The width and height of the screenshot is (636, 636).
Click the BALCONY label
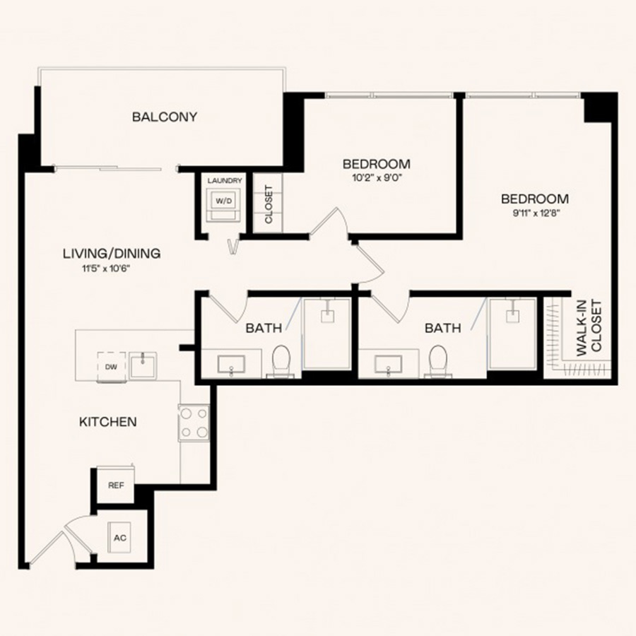(x=165, y=117)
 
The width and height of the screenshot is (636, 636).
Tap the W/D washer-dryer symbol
(x=224, y=205)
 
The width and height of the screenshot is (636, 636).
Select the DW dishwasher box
(x=112, y=367)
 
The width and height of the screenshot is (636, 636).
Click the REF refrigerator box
(x=116, y=485)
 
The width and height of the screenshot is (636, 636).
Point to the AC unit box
(x=119, y=538)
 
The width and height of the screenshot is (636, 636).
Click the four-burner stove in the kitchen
(x=194, y=423)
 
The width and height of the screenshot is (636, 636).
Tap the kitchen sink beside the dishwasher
(x=143, y=365)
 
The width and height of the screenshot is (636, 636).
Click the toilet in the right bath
(x=439, y=361)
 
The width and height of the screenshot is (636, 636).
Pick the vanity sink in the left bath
(x=231, y=364)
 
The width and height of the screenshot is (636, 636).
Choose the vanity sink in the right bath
(x=388, y=364)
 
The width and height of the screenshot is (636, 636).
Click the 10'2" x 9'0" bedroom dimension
(x=377, y=177)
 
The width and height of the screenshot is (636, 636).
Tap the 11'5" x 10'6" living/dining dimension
(x=106, y=268)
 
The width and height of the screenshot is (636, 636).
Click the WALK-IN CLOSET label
(x=589, y=328)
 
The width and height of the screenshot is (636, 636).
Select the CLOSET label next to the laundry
(x=269, y=204)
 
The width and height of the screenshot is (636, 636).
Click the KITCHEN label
(x=108, y=422)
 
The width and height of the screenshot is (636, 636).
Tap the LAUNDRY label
(x=225, y=180)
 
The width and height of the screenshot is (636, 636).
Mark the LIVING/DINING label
(x=112, y=254)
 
